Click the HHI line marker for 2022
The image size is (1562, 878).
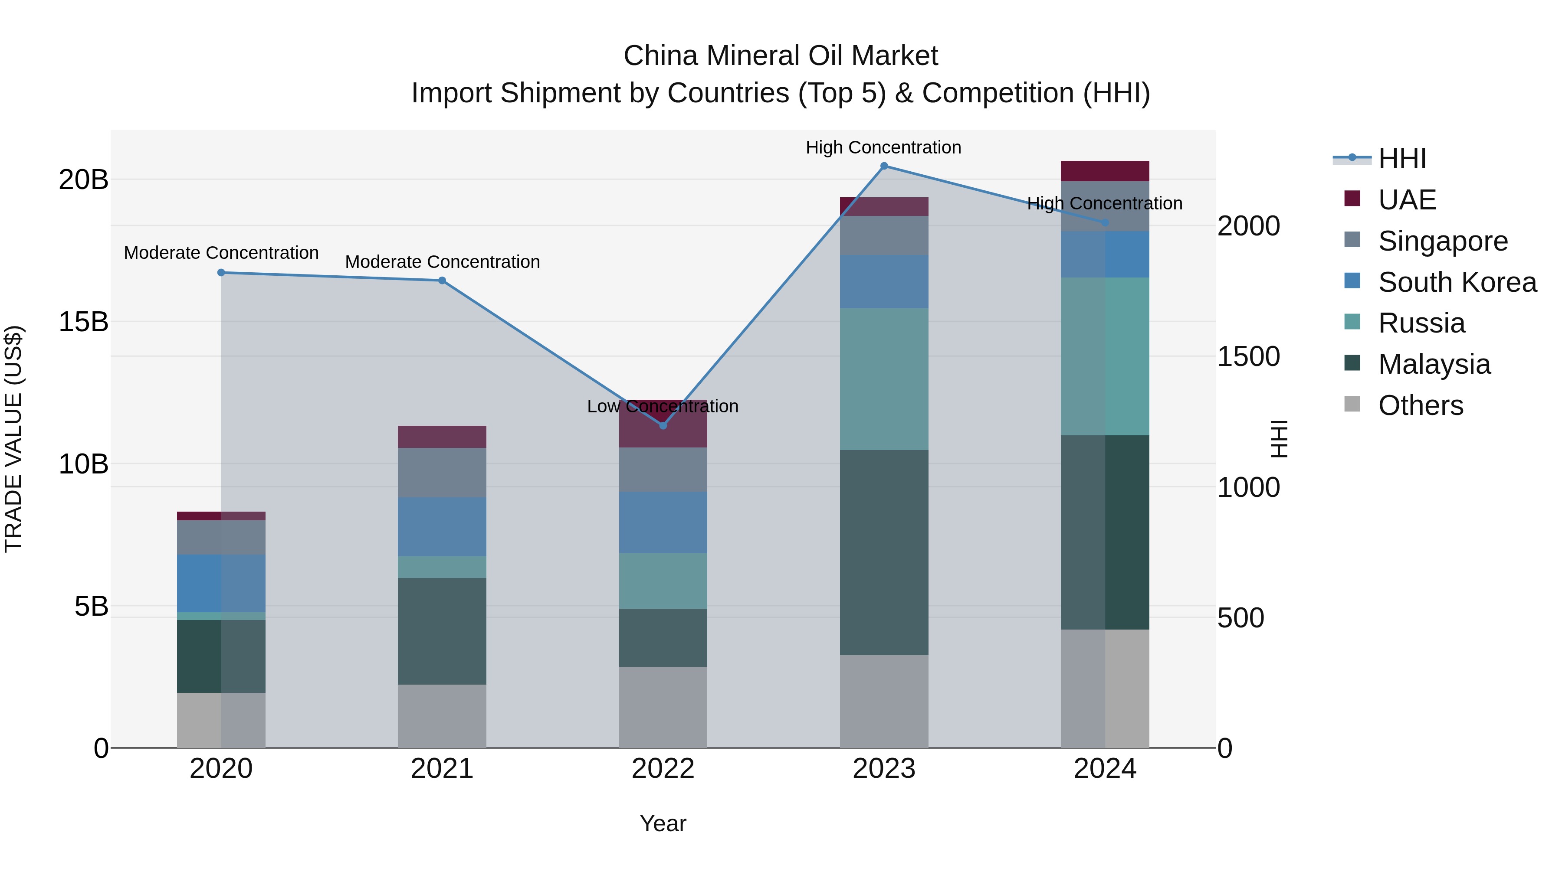(663, 425)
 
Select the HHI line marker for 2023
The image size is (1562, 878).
(883, 166)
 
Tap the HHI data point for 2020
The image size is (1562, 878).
(221, 273)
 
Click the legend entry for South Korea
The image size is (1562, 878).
(1457, 282)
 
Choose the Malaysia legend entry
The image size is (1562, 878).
(1434, 364)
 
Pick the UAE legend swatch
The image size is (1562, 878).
(1352, 199)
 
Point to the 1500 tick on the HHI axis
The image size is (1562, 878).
(1248, 356)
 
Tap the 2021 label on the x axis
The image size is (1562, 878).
(442, 769)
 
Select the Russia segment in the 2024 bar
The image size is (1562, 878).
(1105, 356)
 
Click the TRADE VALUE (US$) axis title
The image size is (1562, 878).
(13, 439)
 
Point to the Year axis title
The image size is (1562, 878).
(663, 823)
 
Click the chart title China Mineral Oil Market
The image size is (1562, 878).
(781, 56)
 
